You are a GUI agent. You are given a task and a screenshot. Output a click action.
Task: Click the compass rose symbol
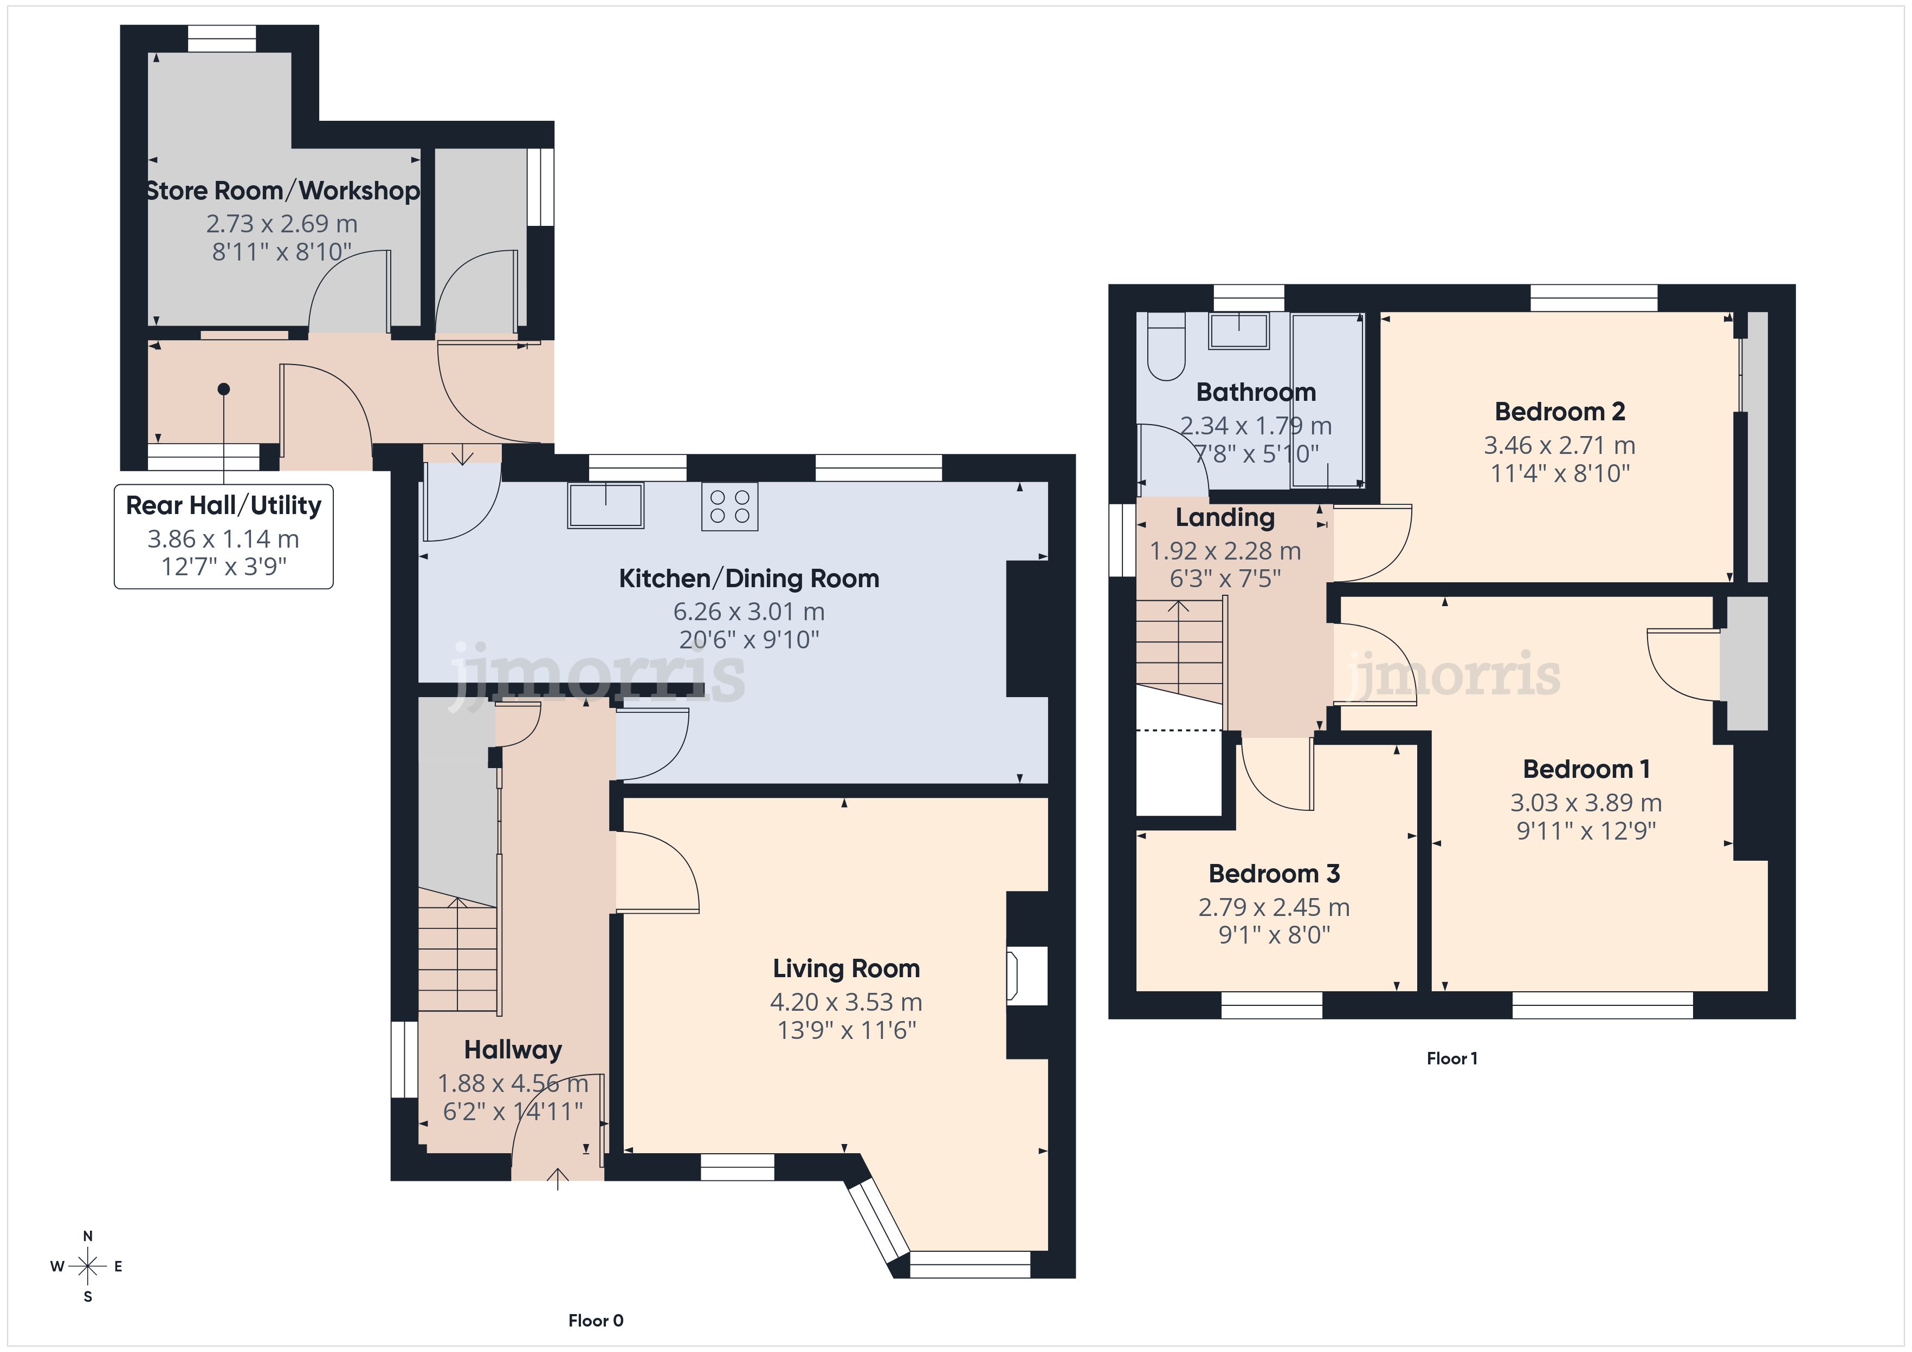click(87, 1266)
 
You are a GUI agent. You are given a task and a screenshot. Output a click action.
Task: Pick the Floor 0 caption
click(596, 1321)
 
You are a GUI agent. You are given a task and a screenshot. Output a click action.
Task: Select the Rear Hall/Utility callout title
click(223, 505)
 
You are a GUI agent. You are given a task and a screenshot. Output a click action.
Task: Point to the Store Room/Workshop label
click(282, 191)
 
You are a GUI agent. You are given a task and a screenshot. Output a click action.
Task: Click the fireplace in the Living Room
click(1027, 975)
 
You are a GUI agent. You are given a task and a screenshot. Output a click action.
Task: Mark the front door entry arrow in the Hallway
click(557, 1179)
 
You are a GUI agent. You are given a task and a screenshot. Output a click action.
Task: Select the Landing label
click(1225, 518)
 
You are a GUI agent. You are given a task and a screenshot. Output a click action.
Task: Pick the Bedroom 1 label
click(1586, 769)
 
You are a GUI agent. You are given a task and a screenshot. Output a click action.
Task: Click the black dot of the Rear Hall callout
click(223, 389)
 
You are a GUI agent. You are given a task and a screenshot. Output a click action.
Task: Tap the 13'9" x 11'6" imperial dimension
click(846, 1031)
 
